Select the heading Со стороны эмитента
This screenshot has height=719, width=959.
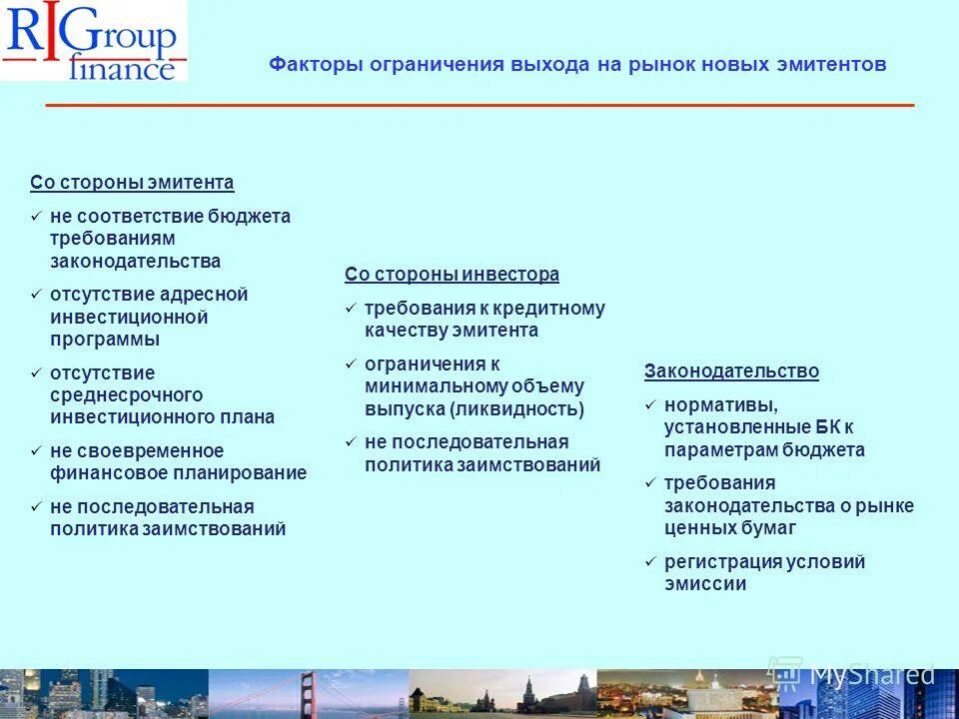click(x=132, y=183)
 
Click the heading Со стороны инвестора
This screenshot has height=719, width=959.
click(x=452, y=275)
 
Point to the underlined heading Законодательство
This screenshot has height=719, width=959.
click(x=731, y=371)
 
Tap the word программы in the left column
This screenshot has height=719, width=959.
click(x=105, y=340)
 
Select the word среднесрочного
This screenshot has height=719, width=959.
click(x=127, y=395)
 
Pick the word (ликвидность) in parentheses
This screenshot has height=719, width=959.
click(x=516, y=408)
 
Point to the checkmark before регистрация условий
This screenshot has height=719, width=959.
click(x=650, y=562)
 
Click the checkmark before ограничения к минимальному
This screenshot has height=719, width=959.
click(x=351, y=363)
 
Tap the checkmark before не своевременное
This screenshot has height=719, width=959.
click(x=36, y=451)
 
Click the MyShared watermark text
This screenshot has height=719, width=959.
click(x=871, y=674)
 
